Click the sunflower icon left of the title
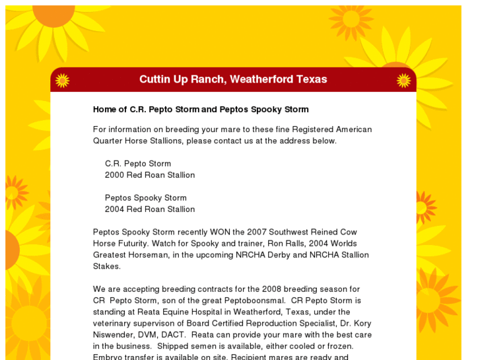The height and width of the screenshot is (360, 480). [x=62, y=80]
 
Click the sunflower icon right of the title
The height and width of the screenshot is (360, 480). [x=403, y=80]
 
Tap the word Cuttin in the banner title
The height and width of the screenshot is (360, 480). [x=156, y=79]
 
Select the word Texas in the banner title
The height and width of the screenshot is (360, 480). [x=312, y=79]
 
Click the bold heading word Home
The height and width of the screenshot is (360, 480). [x=105, y=109]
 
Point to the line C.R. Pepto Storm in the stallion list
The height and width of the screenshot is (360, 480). [x=137, y=164]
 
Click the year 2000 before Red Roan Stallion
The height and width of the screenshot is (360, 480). [x=114, y=175]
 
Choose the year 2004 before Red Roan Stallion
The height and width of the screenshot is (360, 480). [x=114, y=209]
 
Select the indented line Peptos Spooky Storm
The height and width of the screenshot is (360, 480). [x=145, y=198]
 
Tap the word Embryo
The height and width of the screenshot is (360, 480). [x=107, y=357]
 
